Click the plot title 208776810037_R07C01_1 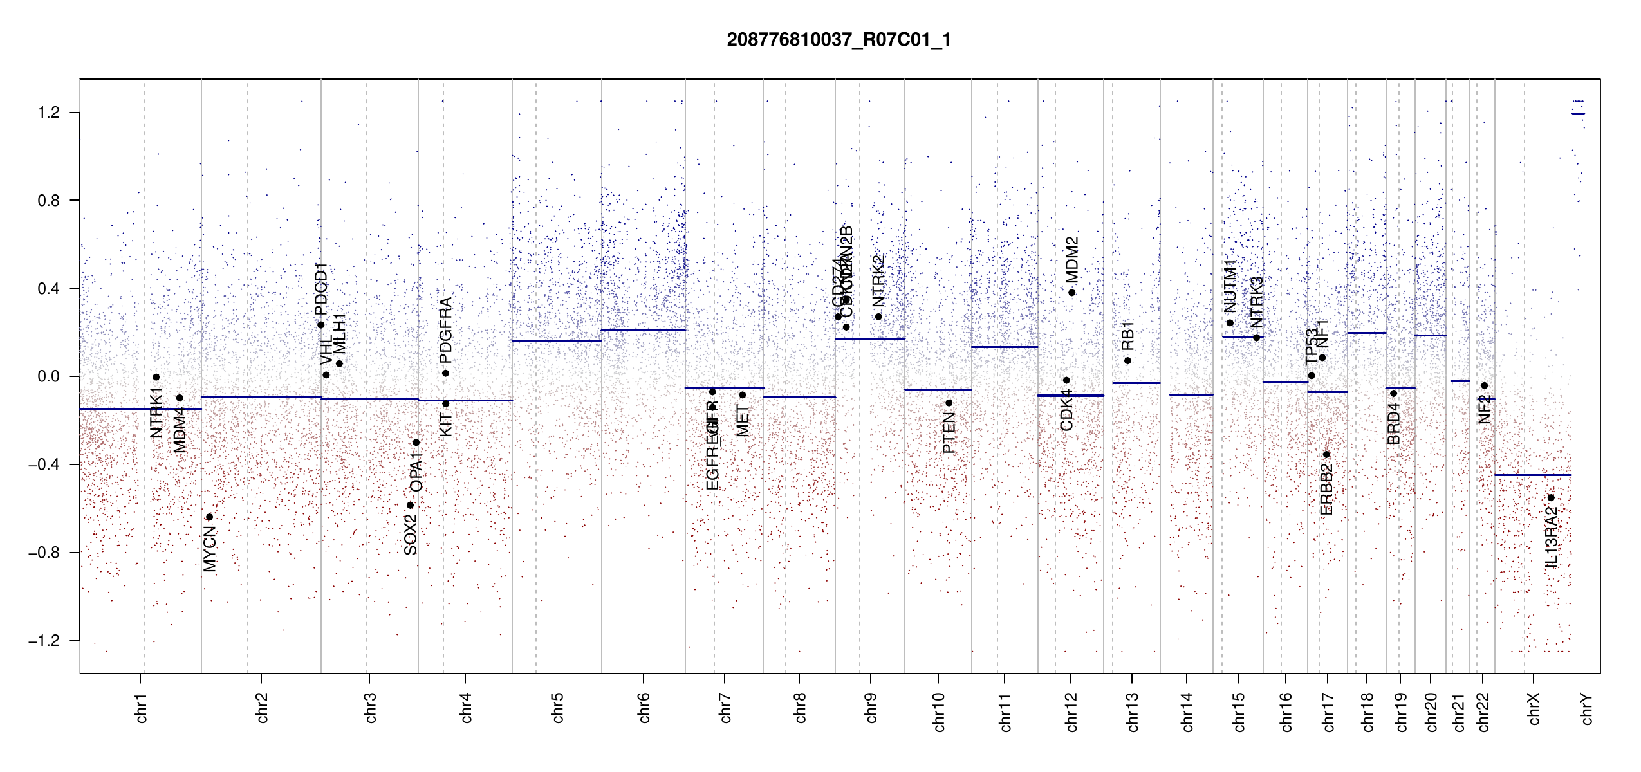839,40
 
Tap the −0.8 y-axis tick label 44,553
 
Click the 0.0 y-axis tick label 49,376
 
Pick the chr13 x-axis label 1133,712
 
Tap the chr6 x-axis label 644,708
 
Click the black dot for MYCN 209,517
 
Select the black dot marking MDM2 1071,293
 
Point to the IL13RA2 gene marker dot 1551,498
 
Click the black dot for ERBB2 1326,455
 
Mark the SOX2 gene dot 410,505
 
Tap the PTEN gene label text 949,434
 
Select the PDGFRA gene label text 445,330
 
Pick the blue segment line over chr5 557,340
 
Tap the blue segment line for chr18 1366,333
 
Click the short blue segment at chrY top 1578,114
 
